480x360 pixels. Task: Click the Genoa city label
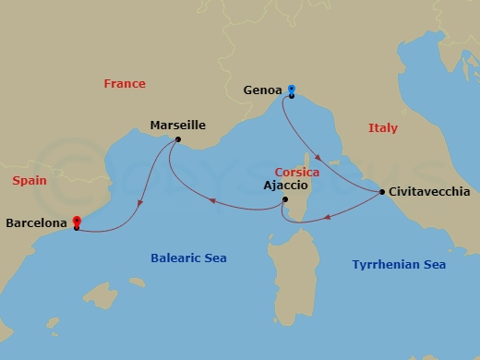[x=263, y=91]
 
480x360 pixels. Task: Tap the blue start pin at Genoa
[x=291, y=89]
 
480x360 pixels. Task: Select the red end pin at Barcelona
[x=76, y=222]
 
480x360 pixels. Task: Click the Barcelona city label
[x=36, y=222]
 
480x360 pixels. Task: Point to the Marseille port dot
[x=177, y=140]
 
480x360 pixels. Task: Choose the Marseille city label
[x=177, y=126]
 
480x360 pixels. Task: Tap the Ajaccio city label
[x=284, y=186]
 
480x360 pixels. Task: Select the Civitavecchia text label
[x=430, y=192]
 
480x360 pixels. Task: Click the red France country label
[x=125, y=83]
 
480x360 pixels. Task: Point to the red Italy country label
[x=382, y=128]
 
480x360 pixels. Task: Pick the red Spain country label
[x=30, y=181]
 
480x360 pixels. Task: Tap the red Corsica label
[x=297, y=173]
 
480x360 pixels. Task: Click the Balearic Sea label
[x=188, y=258]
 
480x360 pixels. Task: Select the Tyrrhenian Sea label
[x=399, y=265]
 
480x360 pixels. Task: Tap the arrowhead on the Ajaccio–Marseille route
[x=210, y=200]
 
